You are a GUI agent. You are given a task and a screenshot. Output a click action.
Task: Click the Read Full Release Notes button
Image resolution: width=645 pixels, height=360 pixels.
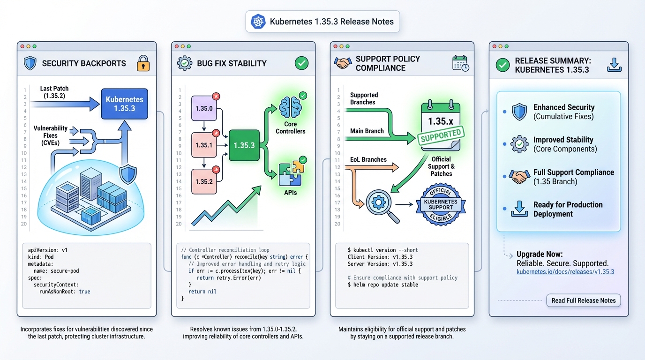(x=583, y=300)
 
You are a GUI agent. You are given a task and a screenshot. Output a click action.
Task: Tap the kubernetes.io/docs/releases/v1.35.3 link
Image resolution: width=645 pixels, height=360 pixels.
(x=565, y=272)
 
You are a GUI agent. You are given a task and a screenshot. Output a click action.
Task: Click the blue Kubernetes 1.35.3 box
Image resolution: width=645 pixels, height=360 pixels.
(x=124, y=104)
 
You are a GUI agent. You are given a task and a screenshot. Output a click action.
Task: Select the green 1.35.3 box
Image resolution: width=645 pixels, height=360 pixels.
(x=244, y=145)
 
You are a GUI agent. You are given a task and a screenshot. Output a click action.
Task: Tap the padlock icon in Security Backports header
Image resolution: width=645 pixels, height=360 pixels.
(x=143, y=63)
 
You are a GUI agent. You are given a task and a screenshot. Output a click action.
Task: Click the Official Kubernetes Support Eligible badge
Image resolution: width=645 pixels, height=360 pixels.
(x=441, y=204)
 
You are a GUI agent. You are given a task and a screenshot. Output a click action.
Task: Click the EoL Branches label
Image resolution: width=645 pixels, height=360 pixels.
(x=368, y=159)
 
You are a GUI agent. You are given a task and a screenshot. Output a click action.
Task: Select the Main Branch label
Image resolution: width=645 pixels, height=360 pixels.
(x=367, y=131)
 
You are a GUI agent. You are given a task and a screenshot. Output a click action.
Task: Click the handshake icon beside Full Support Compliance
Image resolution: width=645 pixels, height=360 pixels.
(x=519, y=177)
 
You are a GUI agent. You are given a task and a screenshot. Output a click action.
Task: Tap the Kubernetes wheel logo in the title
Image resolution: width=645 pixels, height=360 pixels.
(x=258, y=22)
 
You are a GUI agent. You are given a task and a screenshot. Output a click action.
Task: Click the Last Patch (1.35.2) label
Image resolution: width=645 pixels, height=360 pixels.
(x=55, y=92)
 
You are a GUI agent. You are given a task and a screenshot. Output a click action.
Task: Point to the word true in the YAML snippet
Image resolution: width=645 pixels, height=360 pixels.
(x=84, y=292)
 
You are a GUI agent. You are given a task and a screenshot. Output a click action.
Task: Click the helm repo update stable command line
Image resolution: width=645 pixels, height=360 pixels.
(x=382, y=285)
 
